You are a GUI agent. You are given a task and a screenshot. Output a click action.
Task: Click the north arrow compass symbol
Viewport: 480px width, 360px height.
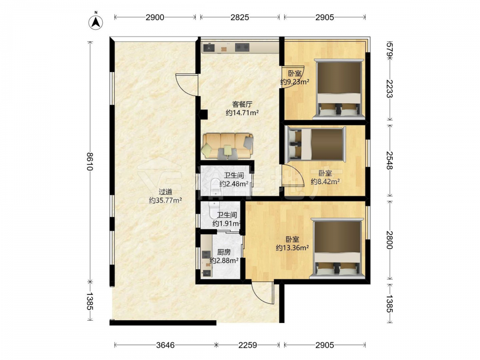coord(96,22)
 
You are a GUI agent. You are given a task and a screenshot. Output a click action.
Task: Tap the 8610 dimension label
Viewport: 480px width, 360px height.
coord(89,161)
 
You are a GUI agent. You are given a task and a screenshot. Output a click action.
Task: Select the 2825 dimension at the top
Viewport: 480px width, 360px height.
coord(240,17)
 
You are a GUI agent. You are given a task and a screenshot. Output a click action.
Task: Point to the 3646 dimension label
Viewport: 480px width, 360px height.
coord(165,345)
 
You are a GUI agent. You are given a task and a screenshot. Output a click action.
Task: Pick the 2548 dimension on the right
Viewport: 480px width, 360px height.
coord(390,160)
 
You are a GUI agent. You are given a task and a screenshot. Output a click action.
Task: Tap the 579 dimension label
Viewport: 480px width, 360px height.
coord(390,49)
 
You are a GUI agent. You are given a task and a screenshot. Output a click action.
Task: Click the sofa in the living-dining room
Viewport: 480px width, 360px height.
coord(228,146)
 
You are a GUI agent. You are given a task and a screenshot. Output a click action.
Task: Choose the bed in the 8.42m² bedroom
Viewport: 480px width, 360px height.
coord(315,145)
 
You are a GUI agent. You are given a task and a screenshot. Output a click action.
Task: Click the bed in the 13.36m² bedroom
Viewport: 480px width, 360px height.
coord(337,248)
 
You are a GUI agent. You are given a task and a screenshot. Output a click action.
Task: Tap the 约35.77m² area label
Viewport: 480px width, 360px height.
coord(165,201)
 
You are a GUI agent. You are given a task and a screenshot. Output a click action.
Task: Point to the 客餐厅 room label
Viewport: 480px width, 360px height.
coord(242,104)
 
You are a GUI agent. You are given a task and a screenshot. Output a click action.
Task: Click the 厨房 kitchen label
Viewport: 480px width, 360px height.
coord(224,252)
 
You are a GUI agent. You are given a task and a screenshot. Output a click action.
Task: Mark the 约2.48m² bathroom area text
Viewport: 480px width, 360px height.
coord(234,184)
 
